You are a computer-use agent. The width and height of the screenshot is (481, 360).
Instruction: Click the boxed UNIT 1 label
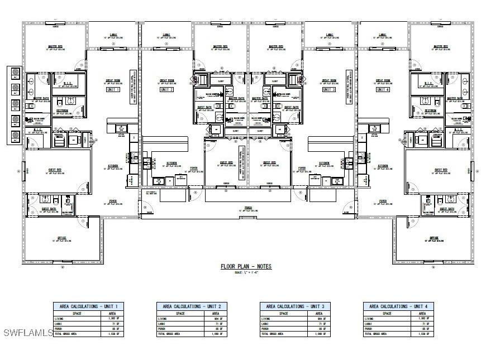[113, 89]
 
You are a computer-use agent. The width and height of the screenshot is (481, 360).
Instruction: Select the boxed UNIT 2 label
[166, 89]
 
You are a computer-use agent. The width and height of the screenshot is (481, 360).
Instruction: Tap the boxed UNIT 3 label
[329, 89]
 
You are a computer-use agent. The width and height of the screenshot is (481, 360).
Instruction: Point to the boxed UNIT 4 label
[382, 89]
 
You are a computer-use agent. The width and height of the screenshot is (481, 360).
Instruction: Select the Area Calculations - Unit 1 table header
[88, 306]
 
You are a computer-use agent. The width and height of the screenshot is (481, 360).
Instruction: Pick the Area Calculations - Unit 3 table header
[295, 306]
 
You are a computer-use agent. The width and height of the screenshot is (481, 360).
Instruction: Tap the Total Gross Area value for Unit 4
[425, 334]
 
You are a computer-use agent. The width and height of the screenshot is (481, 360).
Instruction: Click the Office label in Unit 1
[61, 238]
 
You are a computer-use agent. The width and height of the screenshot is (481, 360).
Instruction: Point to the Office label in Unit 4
[434, 238]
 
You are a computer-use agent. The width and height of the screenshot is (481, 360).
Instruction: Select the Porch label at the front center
[247, 208]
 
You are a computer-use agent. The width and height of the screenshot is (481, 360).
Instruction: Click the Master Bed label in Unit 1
[55, 47]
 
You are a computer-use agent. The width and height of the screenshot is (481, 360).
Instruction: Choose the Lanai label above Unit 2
[166, 35]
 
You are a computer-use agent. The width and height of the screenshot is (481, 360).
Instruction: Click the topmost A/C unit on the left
[15, 73]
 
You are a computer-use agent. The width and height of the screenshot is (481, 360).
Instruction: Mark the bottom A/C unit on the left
[15, 136]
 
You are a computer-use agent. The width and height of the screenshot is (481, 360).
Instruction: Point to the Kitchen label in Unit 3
[325, 164]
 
